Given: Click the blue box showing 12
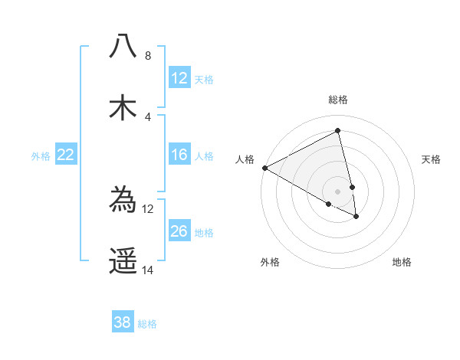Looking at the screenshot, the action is coord(179,78).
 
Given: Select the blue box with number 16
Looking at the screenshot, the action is coord(179,155).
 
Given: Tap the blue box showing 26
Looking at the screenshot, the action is coord(179,232).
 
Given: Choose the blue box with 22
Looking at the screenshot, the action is coord(66,155).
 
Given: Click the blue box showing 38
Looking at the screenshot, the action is coord(123,323).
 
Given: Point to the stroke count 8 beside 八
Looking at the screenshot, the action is coord(147,56).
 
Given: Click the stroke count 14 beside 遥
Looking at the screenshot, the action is coord(148,270).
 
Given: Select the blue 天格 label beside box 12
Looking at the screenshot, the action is coord(204,79).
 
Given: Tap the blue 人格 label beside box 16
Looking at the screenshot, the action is coord(204,156).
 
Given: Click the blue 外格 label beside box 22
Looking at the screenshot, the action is coord(41,156).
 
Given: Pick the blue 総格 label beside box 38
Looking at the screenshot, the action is coord(147,324).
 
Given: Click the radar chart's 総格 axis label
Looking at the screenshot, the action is coord(338,100).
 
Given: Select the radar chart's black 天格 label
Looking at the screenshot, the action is coord(432,159).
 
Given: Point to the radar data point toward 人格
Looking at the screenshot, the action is coord(264,168).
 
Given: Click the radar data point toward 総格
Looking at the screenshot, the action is coord(338,131).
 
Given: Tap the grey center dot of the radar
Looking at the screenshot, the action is coord(338,191).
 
